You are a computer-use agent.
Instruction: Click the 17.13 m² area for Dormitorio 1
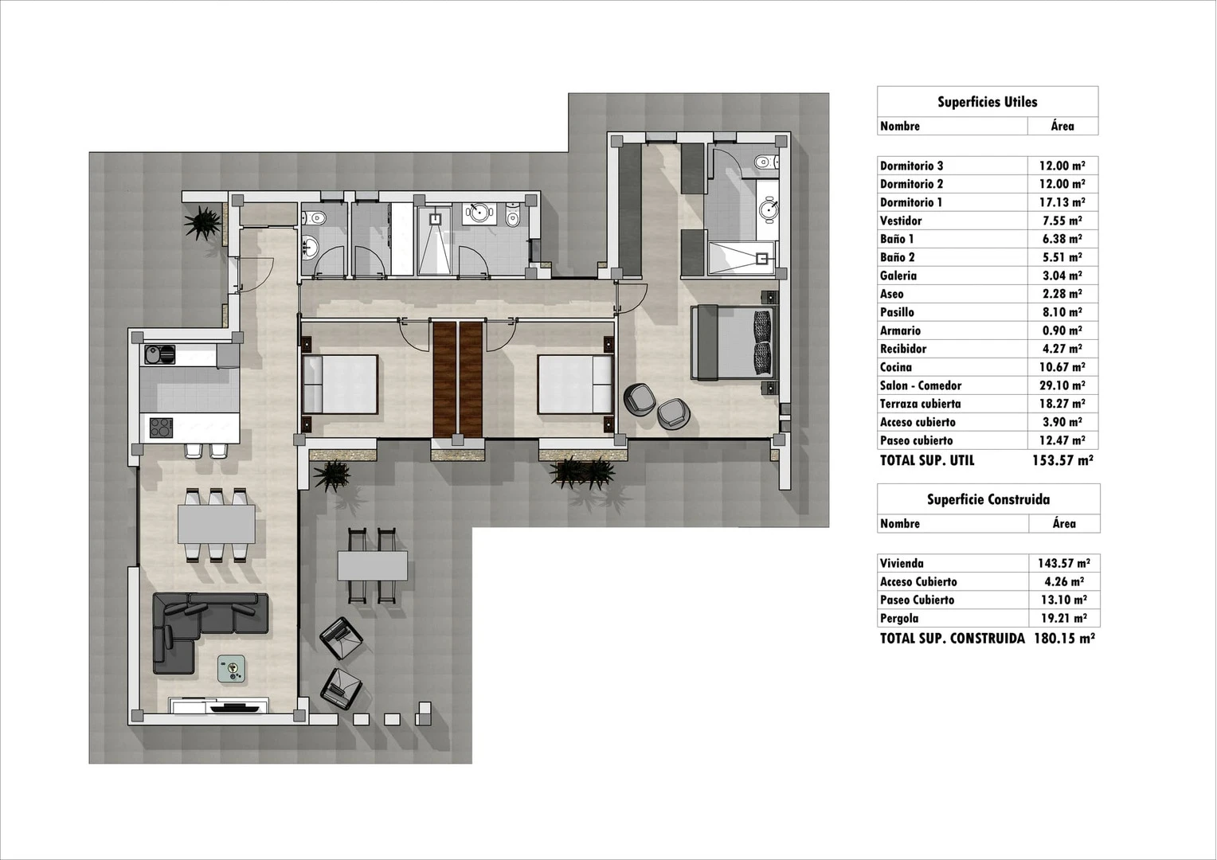point(1062,202)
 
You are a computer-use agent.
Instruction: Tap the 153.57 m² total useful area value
point(1062,461)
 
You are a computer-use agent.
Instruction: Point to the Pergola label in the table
point(899,618)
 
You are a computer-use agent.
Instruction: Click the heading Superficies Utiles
point(987,102)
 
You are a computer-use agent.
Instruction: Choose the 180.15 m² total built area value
point(1064,639)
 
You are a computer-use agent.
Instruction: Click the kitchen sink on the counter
point(160,355)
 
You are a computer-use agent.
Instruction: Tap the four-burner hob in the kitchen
point(162,428)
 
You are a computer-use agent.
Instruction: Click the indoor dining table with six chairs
point(216,524)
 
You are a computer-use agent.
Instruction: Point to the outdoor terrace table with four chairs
point(372,565)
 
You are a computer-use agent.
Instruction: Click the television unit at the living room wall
point(218,706)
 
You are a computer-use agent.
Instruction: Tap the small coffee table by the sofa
point(232,668)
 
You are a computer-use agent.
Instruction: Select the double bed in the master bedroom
point(734,342)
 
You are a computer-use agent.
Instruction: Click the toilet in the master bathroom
point(766,162)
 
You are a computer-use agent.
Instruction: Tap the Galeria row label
point(898,276)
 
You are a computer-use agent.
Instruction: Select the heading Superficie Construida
point(988,500)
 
